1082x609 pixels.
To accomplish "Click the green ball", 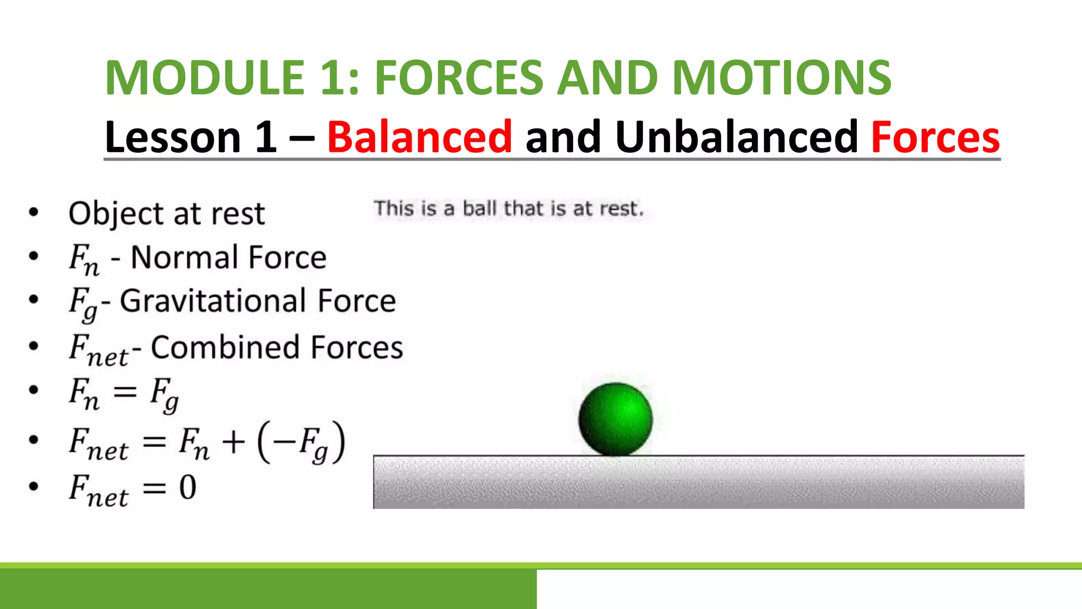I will (x=615, y=419).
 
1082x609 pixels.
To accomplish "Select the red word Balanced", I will (x=419, y=137).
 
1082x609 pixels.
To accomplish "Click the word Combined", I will (x=226, y=347).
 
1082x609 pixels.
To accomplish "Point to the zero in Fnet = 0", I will (x=188, y=487).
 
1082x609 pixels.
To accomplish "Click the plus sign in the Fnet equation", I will (x=234, y=441).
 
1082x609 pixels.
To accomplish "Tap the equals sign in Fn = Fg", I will (x=125, y=392).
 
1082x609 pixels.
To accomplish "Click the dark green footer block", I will (x=268, y=589).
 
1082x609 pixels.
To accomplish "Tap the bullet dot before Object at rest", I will (x=34, y=213).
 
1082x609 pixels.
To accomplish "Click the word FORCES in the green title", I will (x=459, y=78).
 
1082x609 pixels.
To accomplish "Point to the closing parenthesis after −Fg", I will (x=339, y=441).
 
